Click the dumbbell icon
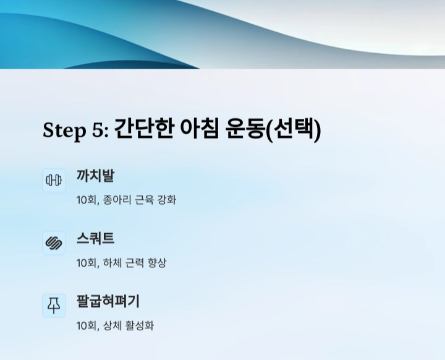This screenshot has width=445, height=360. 54,180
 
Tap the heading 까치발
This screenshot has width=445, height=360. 95,176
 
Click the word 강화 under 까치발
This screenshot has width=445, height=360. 167,200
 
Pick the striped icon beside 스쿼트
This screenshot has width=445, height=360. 54,243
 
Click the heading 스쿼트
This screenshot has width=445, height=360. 95,239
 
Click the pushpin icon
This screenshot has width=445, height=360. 54,306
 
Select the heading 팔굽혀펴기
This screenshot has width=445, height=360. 108,301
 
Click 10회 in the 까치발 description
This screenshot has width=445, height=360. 87,200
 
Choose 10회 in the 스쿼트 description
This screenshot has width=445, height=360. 87,263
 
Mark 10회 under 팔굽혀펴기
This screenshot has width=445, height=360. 87,325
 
